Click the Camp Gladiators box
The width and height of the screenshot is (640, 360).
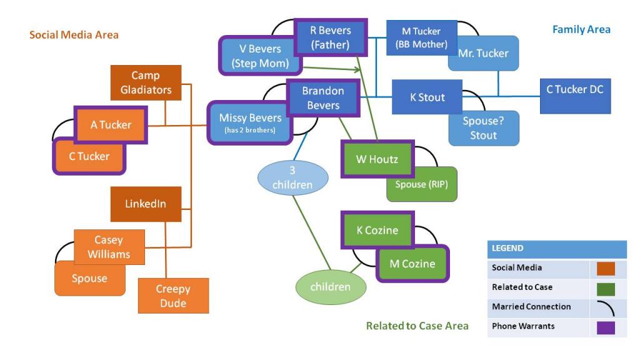(x=146, y=82)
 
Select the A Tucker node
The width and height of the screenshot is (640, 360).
(x=111, y=124)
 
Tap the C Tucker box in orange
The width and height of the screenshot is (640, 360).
(x=89, y=156)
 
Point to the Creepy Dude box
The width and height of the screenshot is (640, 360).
(x=172, y=296)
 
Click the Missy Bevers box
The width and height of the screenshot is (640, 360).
(x=250, y=122)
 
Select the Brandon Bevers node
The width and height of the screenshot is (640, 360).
(x=322, y=98)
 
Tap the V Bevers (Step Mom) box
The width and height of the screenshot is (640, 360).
(x=259, y=54)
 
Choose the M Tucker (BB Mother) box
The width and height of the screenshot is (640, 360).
(x=421, y=37)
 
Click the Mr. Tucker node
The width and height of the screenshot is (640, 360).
(x=483, y=53)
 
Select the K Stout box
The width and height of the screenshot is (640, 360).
(x=427, y=97)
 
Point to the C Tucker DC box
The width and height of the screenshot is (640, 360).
(x=574, y=89)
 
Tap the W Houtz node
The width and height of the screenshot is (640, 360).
(x=377, y=159)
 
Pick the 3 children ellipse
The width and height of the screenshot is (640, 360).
(x=292, y=176)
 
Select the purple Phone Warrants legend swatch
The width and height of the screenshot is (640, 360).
(x=602, y=327)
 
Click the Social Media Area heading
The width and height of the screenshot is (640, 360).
(x=74, y=35)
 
